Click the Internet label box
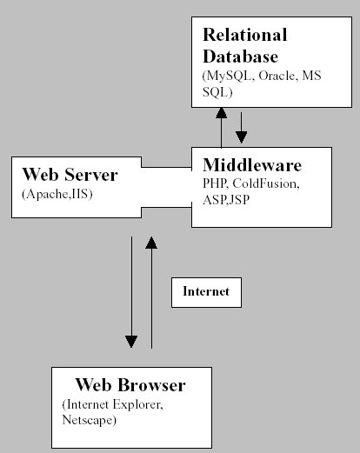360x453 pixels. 206,292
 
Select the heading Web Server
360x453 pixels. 69,175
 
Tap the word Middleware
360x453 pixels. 251,165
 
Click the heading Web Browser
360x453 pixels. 130,385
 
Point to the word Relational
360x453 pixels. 244,36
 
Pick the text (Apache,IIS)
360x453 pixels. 57,193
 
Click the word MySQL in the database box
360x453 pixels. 225,77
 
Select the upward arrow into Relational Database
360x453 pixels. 222,126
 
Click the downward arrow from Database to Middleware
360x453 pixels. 242,126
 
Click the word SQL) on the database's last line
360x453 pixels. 217,90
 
